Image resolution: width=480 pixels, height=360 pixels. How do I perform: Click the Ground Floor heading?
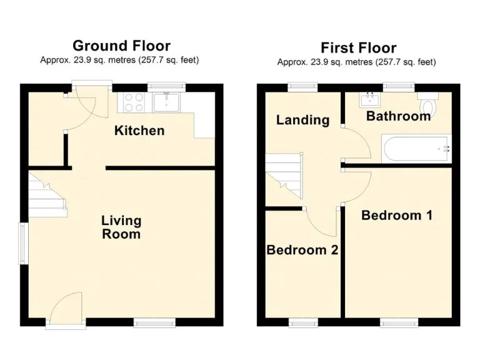(x=121, y=46)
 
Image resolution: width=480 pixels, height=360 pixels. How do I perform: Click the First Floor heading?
(x=358, y=47)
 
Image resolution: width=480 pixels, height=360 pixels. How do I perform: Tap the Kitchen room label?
(x=139, y=131)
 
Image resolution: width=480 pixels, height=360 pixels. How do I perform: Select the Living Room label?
(x=121, y=227)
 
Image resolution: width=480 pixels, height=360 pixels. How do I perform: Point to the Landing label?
(x=302, y=120)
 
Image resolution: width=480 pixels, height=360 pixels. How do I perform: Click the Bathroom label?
(x=398, y=116)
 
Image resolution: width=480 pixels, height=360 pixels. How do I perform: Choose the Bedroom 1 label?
(x=397, y=215)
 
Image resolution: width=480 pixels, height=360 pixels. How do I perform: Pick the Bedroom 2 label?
(x=302, y=250)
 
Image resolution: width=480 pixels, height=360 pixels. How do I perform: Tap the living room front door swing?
(x=66, y=307)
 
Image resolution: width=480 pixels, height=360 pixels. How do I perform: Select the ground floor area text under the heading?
(x=120, y=61)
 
